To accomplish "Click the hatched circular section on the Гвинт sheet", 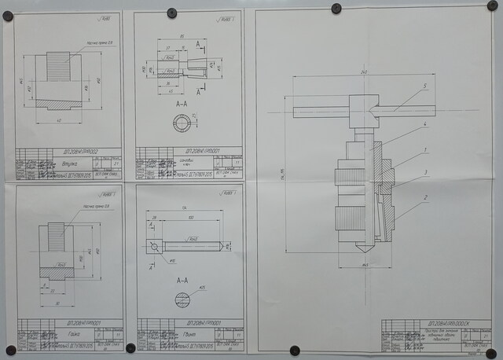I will click(182, 299).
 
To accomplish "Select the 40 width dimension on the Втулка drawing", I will click(60, 120).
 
